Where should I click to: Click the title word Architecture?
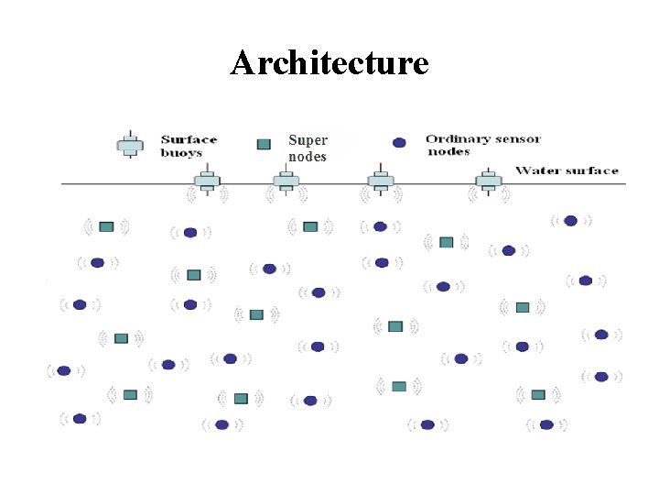pos(329,63)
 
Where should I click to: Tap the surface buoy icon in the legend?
pos(130,146)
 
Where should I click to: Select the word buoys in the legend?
pos(180,153)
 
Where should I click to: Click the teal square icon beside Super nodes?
pos(264,144)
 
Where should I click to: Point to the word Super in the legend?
pos(308,140)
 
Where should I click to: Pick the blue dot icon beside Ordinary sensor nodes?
pos(399,143)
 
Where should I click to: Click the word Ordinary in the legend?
pos(456,139)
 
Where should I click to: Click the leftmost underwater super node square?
pos(106,226)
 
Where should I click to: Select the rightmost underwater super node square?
pos(538,394)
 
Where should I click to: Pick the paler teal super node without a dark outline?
pos(399,386)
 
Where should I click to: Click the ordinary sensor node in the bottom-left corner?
pos(80,419)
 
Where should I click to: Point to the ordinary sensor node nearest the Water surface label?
pos(570,220)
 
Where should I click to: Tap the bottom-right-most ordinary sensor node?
pos(546,424)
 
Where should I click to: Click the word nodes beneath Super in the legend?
pos(307,157)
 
